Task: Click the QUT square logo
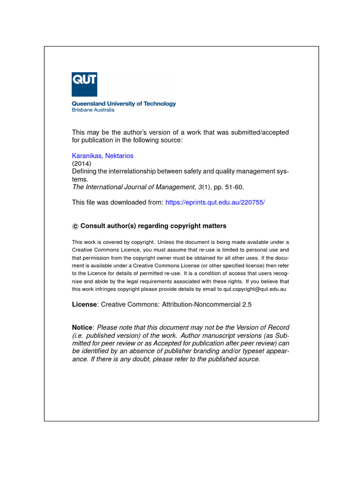click(x=84, y=84)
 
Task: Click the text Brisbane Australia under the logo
click(x=93, y=110)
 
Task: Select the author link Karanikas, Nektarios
click(x=102, y=156)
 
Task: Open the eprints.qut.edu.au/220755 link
click(x=215, y=202)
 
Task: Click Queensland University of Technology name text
click(x=124, y=103)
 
